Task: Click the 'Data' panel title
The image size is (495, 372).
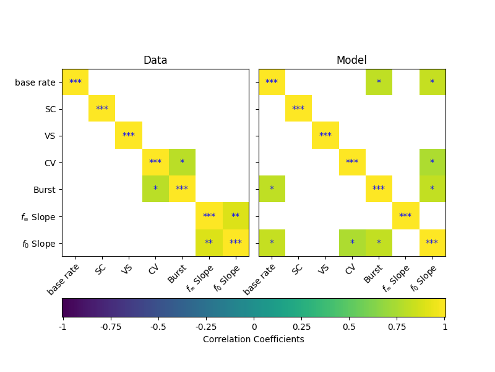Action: [x=155, y=60]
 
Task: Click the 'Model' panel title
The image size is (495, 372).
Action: [x=351, y=60]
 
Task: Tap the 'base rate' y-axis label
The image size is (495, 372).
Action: [x=35, y=82]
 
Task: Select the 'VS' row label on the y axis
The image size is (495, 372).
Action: [x=49, y=136]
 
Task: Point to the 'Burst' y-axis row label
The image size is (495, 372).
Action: [x=45, y=189]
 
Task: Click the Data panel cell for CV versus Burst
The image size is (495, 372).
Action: [x=182, y=162]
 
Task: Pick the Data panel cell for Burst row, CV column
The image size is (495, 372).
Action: [x=155, y=189]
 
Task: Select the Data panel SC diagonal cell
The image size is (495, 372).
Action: [x=102, y=108]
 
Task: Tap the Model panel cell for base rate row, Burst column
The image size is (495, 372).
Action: [x=379, y=82]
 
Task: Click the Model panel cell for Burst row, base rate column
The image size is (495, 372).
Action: [x=272, y=189]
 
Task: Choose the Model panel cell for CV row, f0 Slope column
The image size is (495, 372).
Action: [x=432, y=162]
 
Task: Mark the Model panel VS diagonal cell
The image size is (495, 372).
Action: [x=325, y=136]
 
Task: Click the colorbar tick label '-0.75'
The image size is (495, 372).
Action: [x=110, y=327]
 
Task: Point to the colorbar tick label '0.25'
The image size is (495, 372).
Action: [x=301, y=327]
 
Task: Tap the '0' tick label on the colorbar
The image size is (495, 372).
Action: [x=254, y=327]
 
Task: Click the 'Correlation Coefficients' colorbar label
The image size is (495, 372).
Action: [x=254, y=339]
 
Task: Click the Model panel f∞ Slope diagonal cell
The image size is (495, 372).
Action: [x=405, y=216]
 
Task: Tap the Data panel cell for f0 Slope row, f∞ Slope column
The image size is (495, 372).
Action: [x=209, y=242]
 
